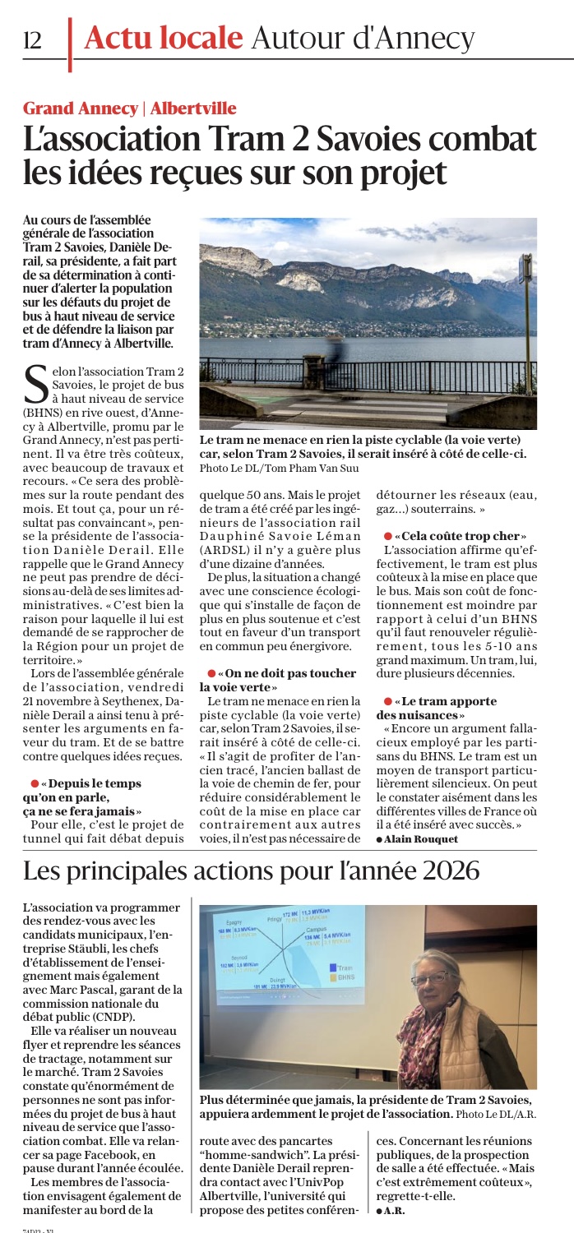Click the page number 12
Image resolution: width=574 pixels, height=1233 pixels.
click(x=33, y=39)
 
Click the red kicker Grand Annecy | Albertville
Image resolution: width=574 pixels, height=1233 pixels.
click(x=129, y=108)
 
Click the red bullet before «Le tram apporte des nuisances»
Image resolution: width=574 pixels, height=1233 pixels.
click(x=388, y=700)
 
